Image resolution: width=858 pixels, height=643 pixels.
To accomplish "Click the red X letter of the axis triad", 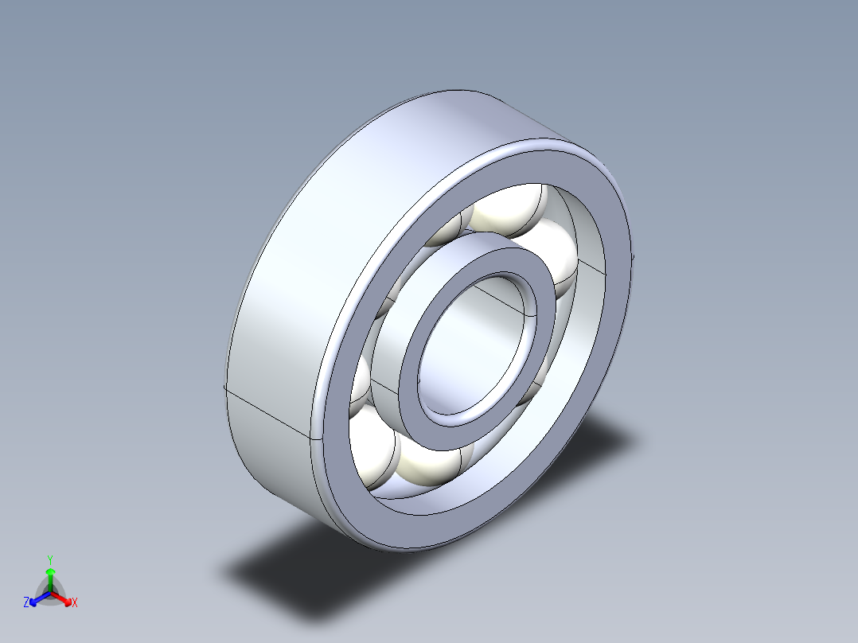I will [75, 603].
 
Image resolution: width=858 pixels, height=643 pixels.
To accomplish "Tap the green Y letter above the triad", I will [49, 559].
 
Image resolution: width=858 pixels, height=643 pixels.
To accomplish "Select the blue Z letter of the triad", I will [26, 602].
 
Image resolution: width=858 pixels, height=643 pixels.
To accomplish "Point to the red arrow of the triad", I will [64, 597].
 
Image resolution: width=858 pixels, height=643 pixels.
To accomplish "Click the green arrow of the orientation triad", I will [50, 576].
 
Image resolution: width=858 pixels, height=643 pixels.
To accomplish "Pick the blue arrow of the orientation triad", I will [37, 598].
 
